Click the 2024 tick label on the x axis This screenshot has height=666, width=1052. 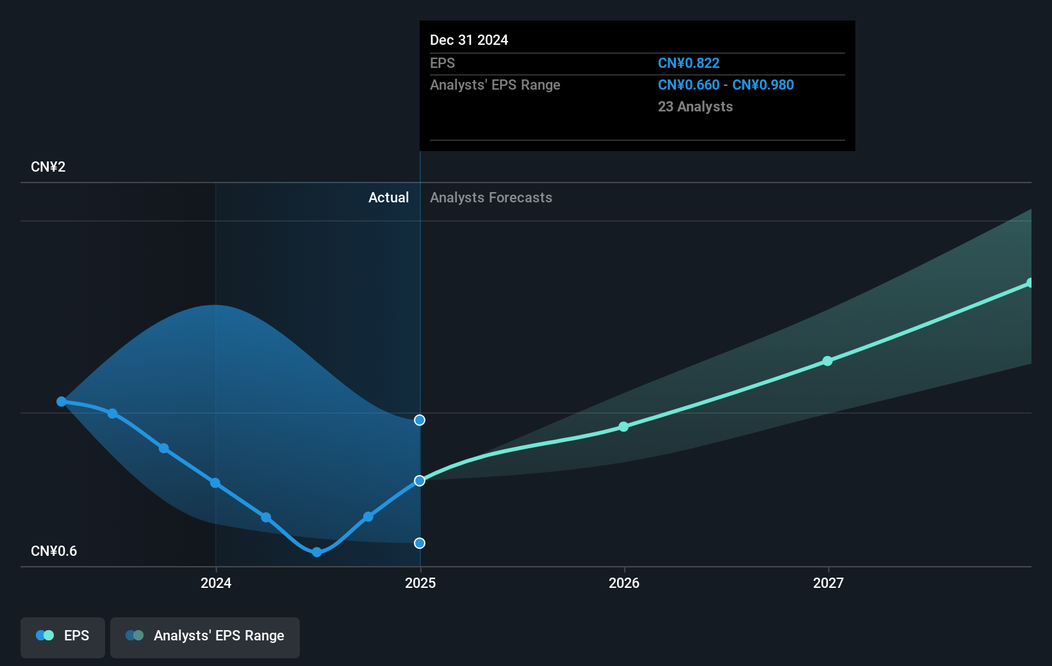(216, 583)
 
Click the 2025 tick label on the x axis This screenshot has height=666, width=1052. (420, 583)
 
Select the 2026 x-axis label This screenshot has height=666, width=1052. (624, 583)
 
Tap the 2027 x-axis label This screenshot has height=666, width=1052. (828, 583)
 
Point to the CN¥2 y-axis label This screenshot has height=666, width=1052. (48, 166)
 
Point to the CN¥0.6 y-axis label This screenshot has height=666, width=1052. (54, 551)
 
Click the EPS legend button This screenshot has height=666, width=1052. (63, 637)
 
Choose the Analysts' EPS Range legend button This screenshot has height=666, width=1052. (205, 637)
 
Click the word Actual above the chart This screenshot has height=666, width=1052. (388, 197)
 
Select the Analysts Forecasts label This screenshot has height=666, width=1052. (491, 197)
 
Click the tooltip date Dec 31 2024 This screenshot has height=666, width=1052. (469, 40)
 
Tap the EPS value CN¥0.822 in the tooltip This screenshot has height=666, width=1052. (688, 63)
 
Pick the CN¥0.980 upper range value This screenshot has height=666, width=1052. (762, 85)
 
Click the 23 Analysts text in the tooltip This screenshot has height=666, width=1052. (695, 106)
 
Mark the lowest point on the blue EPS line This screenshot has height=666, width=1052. (316, 552)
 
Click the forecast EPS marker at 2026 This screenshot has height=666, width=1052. (623, 426)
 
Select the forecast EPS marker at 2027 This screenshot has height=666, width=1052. (828, 361)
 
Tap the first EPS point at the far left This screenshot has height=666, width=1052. (62, 402)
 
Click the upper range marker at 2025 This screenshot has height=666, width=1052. (420, 420)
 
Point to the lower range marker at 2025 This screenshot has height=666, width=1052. (420, 543)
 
